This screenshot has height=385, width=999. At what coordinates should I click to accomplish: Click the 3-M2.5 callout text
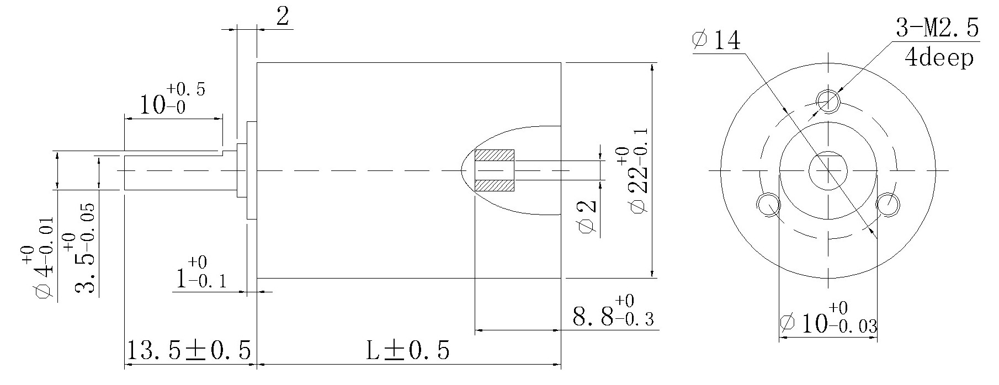[937, 28]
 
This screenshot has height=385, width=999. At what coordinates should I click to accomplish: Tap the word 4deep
[939, 57]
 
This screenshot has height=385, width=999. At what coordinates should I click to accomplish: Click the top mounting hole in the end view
[828, 100]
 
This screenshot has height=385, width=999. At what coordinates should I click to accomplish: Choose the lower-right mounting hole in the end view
[888, 205]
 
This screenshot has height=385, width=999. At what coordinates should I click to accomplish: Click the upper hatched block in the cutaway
[494, 156]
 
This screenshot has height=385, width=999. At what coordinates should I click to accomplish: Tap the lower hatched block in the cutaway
[494, 185]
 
